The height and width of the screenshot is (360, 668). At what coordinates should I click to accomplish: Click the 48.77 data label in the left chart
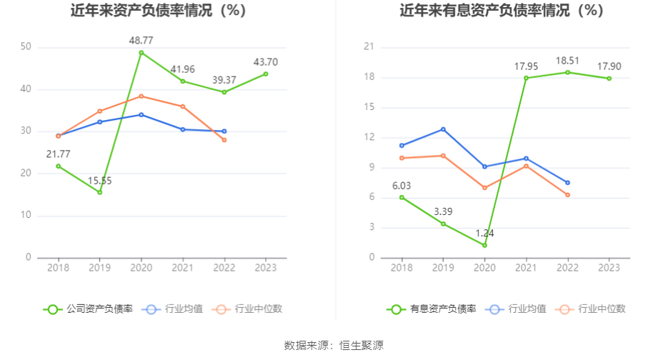coord(141,40)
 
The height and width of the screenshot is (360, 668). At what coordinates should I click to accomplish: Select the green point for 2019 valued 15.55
coord(99,192)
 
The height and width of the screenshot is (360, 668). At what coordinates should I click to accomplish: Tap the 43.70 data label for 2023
coord(266,62)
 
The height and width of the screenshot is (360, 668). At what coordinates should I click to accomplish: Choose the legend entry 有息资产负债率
coord(432,309)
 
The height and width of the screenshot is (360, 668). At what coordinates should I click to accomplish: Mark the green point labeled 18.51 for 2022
coord(567,72)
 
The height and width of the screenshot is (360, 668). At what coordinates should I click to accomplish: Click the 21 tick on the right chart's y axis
coord(369,47)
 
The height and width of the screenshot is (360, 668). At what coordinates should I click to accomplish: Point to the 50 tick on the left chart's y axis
coord(26,47)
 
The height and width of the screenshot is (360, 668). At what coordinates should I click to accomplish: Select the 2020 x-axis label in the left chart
coord(141,267)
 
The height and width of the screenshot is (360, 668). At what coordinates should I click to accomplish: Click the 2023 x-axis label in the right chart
coord(609,267)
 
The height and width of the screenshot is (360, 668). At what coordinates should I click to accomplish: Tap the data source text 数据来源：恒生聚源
coord(334,346)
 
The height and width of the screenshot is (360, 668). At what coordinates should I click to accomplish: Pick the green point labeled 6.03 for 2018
coord(402,197)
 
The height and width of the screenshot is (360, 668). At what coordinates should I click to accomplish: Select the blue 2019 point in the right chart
coord(443,129)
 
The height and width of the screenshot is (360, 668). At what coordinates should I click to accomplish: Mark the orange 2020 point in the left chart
coord(141,96)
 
